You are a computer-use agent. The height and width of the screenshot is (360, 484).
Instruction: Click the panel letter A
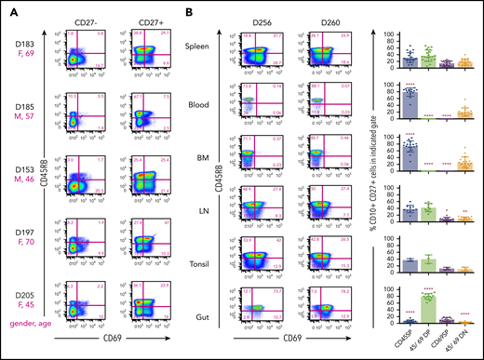click(8, 8)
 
